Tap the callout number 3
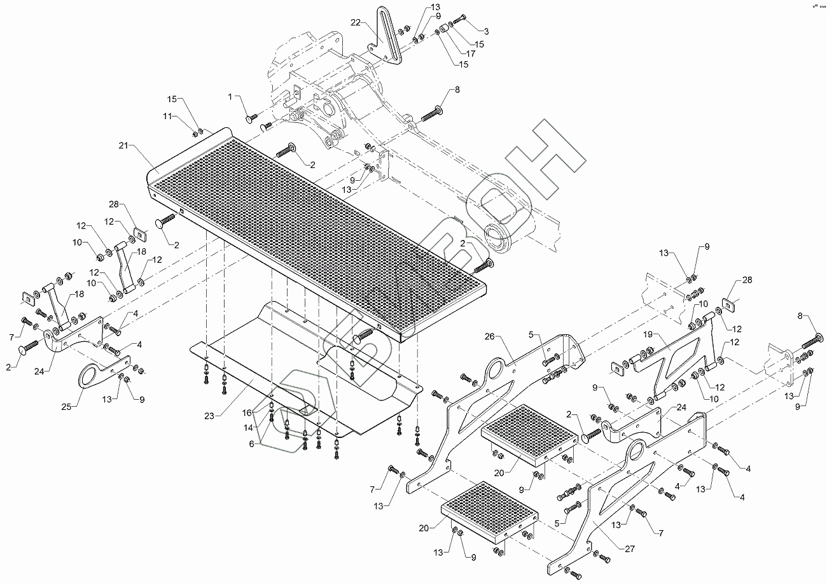pyautogui.click(x=487, y=31)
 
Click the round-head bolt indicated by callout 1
pyautogui.click(x=250, y=118)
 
